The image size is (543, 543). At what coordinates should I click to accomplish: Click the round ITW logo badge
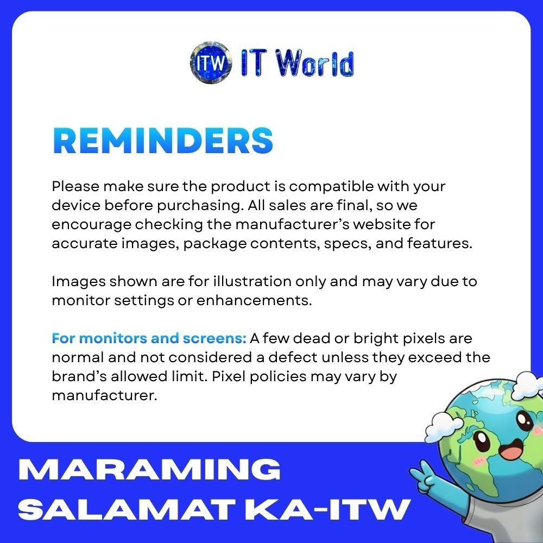[x=211, y=62]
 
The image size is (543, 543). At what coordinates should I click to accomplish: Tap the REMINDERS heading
[x=163, y=140]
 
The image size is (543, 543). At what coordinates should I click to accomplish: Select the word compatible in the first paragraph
[x=331, y=187]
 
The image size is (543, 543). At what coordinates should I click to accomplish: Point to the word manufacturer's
[x=293, y=224]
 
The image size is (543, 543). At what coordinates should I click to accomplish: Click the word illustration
[x=252, y=281]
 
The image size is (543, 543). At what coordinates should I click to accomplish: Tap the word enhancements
[x=254, y=300]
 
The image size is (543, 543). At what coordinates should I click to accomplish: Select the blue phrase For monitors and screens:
[x=149, y=338]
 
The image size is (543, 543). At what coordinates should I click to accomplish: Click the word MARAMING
[x=149, y=469]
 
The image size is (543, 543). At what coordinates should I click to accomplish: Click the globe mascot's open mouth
[x=512, y=449]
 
